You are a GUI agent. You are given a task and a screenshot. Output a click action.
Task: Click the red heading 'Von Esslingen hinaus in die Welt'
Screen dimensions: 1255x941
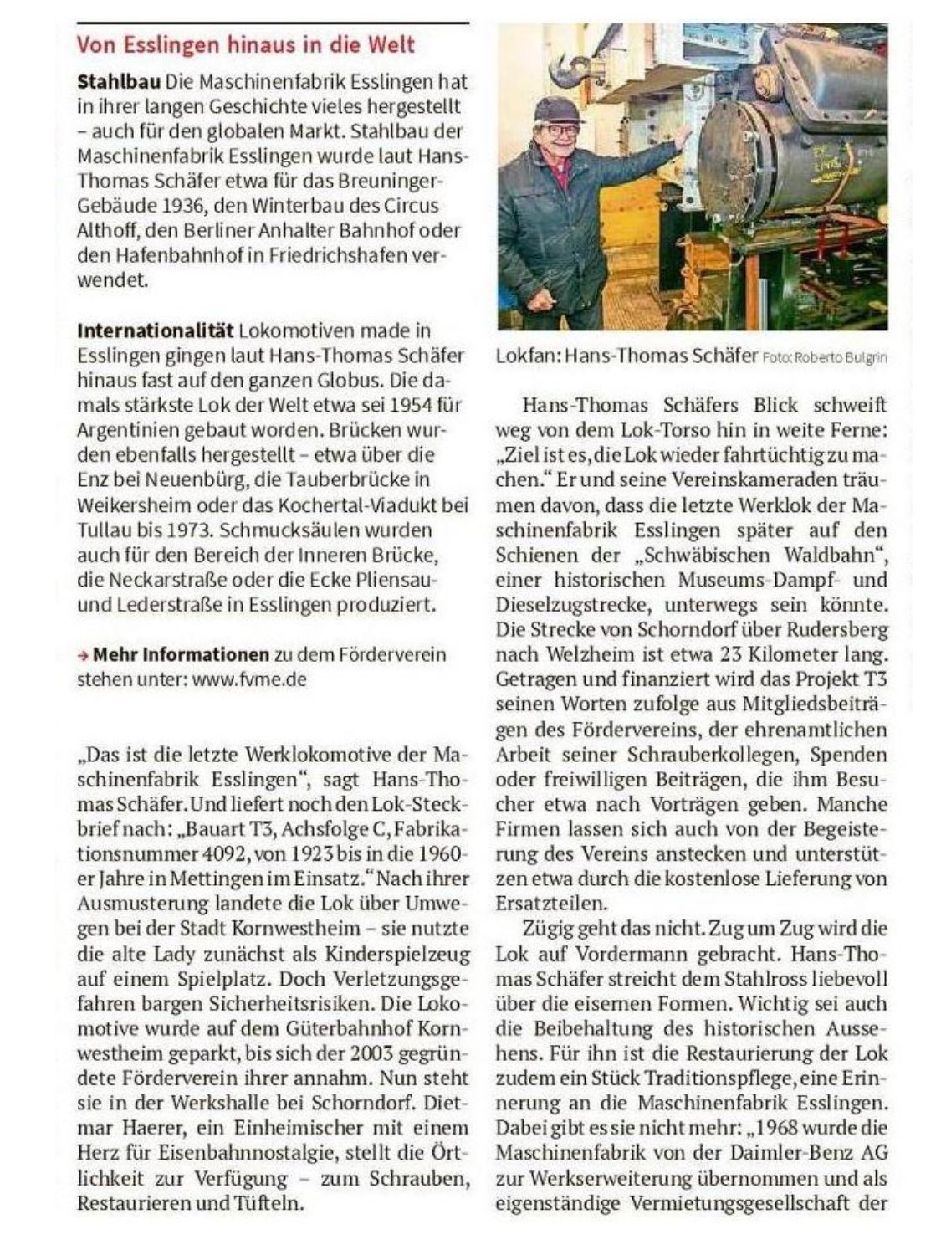point(245,44)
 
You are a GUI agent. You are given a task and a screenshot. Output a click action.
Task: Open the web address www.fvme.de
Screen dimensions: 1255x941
point(249,679)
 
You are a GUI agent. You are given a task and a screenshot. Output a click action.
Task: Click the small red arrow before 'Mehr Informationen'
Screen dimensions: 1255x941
point(83,654)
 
